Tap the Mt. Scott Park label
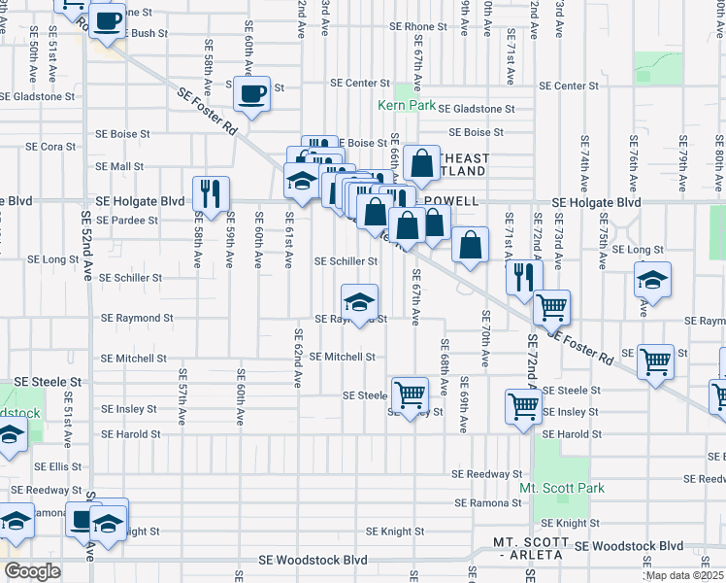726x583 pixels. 562,487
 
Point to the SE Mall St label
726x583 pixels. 119,166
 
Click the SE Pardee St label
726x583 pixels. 126,221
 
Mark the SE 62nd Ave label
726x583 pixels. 298,355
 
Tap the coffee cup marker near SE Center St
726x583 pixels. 252,94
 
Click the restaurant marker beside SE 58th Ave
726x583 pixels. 211,193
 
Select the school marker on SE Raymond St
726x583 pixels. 359,302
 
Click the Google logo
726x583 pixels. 32,571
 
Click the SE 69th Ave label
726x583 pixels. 464,403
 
